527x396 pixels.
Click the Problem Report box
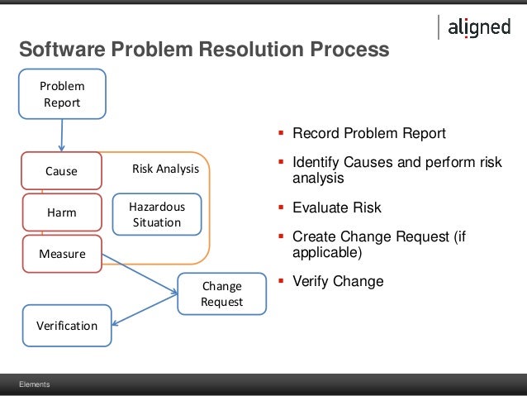click(62, 93)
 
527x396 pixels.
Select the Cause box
click(60, 171)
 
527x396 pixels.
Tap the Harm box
click(60, 212)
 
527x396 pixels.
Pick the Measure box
click(62, 254)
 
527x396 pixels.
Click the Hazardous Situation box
click(156, 215)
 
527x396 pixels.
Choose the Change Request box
click(221, 293)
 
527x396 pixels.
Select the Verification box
click(66, 325)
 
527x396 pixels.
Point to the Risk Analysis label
click(165, 169)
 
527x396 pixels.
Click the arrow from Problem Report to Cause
click(62, 132)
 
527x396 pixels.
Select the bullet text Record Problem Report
click(368, 133)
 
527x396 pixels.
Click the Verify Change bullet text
click(338, 281)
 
